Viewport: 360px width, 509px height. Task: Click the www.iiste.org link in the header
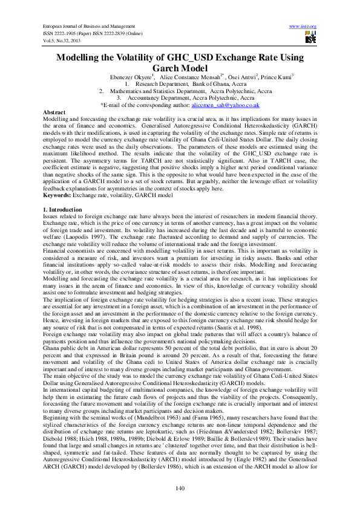pos(304,27)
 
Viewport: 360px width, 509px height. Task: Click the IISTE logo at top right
pos(311,37)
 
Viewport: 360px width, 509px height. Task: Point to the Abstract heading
pos(55,112)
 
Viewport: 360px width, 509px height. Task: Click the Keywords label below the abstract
pos(58,195)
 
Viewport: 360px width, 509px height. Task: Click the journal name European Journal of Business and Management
pos(88,27)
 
